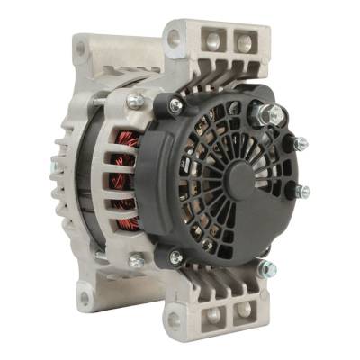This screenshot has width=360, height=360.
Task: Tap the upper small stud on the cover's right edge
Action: coord(301,143)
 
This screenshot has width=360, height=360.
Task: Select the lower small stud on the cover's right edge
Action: coord(303,190)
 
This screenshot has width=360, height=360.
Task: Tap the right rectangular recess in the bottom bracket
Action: coord(244,311)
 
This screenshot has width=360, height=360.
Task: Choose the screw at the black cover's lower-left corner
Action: coord(176,256)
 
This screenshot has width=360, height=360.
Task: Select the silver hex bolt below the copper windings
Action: coord(136,261)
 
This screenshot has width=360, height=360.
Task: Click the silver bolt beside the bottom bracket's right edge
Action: coord(265,266)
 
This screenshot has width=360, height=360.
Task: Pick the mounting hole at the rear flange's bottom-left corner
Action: coord(84,296)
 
